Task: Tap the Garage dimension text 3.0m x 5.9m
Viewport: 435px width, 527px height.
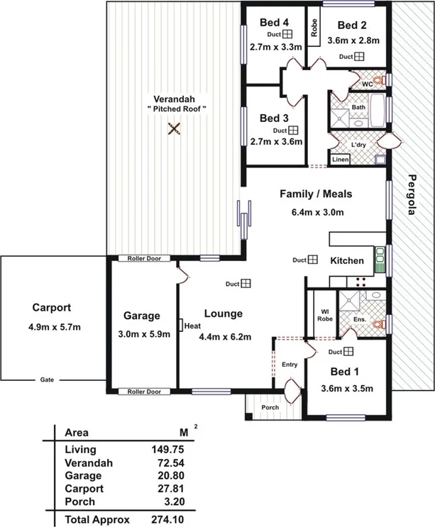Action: [x=142, y=334]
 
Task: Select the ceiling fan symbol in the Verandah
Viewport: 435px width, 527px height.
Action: [x=173, y=129]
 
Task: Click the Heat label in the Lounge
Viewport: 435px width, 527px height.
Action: [x=192, y=326]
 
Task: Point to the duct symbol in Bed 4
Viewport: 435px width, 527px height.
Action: [x=288, y=34]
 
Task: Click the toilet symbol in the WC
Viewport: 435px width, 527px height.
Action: [x=379, y=79]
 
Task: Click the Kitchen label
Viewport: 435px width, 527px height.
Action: [x=347, y=261]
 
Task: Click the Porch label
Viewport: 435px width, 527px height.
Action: [x=269, y=407]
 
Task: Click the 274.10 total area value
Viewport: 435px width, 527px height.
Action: [x=167, y=518]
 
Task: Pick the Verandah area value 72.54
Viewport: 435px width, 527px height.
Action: [x=167, y=462]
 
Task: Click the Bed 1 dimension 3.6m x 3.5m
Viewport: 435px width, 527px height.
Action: [x=348, y=388]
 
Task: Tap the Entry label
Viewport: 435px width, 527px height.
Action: [x=290, y=365]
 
